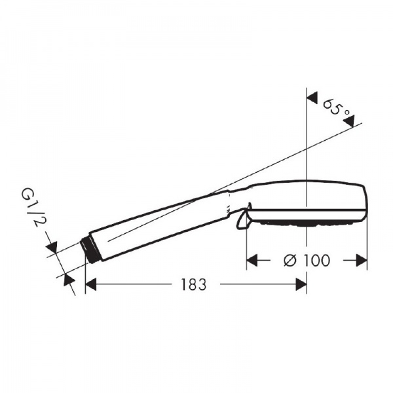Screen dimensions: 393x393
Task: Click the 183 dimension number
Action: (194, 284)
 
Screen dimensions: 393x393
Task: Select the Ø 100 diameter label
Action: (307, 260)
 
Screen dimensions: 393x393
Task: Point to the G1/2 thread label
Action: (32, 208)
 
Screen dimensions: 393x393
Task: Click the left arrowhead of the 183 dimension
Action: (91, 284)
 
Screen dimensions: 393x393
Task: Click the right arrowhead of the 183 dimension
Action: (301, 284)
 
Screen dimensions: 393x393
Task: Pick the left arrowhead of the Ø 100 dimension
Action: (252, 261)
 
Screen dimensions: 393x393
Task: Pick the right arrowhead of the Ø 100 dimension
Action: (362, 261)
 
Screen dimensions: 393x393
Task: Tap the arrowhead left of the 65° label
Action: (312, 98)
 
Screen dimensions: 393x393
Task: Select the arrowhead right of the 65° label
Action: (350, 121)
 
